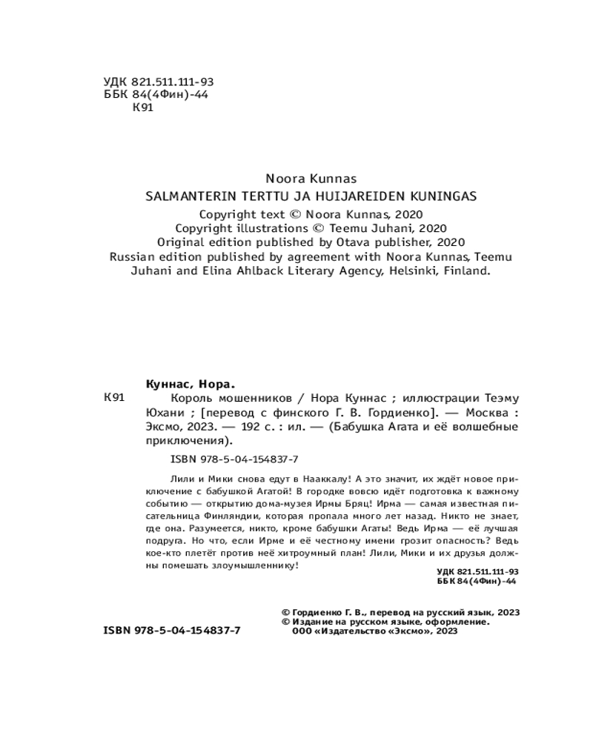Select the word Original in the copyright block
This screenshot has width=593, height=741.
click(181, 242)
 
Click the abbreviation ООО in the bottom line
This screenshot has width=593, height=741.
click(305, 632)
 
